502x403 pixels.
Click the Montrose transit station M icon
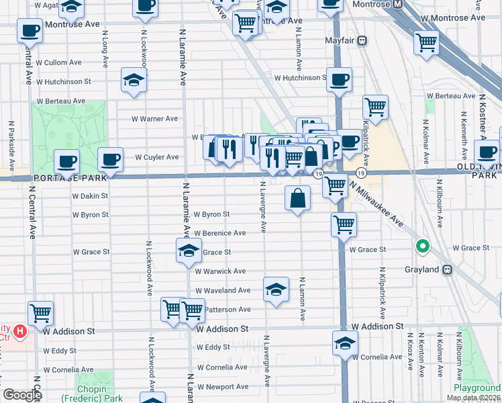[x=398, y=5]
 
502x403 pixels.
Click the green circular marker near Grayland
[x=423, y=247]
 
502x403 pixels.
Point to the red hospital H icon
[x=21, y=330]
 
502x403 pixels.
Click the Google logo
[x=21, y=395]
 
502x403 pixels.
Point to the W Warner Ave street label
[x=154, y=119]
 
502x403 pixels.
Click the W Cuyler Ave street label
[x=156, y=157]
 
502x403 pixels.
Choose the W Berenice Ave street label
[x=220, y=233]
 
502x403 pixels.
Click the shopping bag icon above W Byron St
[x=297, y=198]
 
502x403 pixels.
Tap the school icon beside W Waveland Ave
[x=275, y=289]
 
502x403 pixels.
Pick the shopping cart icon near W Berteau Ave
[x=375, y=106]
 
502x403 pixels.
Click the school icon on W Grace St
[x=189, y=252]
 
